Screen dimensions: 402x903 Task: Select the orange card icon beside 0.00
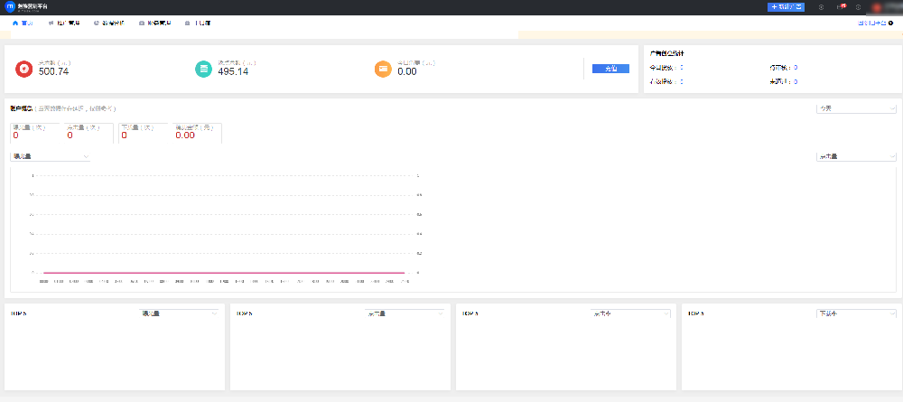[x=383, y=69]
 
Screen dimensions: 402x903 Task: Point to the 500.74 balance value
[x=54, y=71]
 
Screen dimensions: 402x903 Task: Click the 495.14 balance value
[x=233, y=71]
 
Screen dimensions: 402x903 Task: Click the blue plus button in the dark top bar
[x=786, y=6]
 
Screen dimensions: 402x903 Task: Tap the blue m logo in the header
[x=10, y=6]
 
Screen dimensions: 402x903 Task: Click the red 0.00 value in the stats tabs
[x=185, y=136]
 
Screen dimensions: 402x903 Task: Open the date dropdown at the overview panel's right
[x=855, y=108]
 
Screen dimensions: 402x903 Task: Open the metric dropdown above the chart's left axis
[x=50, y=156]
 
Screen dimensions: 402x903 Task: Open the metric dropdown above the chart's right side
[x=855, y=156]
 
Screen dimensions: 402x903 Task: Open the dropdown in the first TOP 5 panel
[x=180, y=313]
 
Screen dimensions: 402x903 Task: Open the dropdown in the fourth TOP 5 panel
[x=855, y=313]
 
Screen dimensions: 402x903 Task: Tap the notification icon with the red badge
[x=839, y=6]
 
